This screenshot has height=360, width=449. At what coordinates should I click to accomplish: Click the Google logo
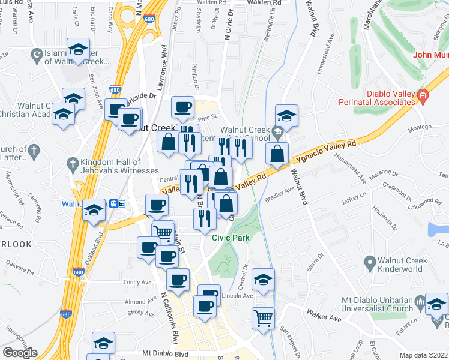(20, 353)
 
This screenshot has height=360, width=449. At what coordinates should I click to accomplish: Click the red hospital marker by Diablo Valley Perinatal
(423, 95)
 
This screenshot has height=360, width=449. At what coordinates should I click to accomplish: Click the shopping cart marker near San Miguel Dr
(263, 317)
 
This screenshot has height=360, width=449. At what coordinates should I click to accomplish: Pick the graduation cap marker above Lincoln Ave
(262, 279)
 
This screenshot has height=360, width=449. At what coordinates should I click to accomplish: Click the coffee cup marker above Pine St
(183, 107)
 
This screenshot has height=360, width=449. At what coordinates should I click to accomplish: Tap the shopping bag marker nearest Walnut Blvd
(276, 154)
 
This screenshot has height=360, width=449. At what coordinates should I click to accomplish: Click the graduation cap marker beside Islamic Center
(78, 50)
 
